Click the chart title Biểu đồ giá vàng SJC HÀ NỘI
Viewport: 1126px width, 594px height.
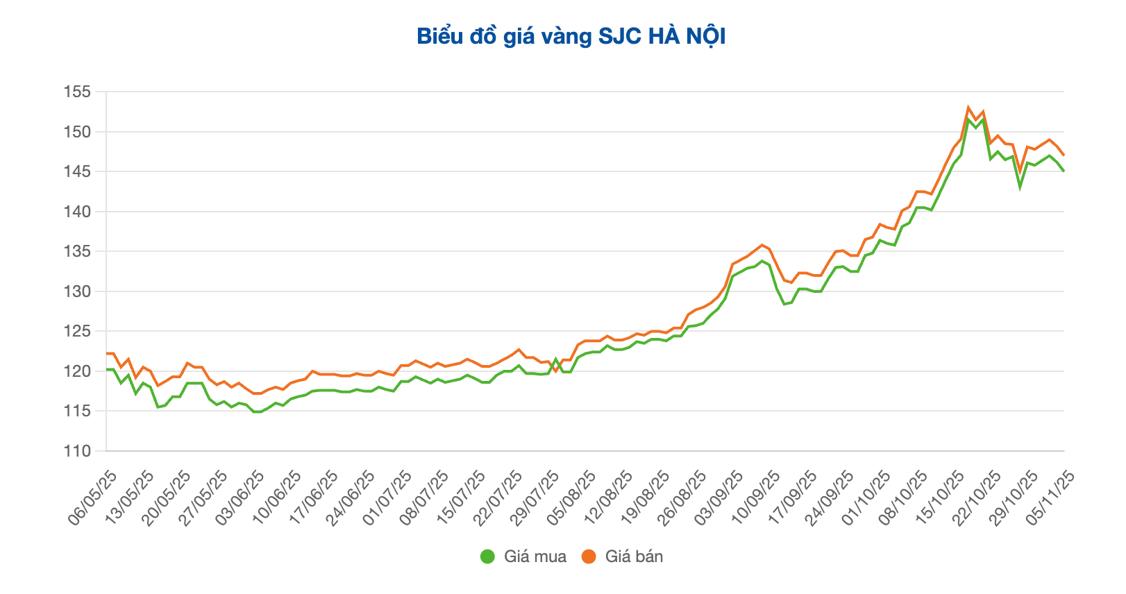[x=571, y=37]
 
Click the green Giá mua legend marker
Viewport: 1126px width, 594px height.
[x=487, y=557]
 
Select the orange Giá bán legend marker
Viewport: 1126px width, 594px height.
[x=589, y=557]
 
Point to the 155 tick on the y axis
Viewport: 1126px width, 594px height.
[x=77, y=92]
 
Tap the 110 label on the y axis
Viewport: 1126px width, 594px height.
[x=77, y=451]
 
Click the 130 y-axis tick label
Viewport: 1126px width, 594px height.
[x=77, y=291]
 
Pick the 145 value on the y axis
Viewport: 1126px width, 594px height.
[x=77, y=171]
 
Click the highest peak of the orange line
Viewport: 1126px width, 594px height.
[x=968, y=108]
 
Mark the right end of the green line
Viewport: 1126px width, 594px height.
[x=1064, y=171]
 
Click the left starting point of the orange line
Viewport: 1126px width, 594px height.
[x=107, y=353]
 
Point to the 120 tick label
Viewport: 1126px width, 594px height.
[x=77, y=371]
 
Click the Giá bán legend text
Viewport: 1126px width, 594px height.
[x=634, y=557]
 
